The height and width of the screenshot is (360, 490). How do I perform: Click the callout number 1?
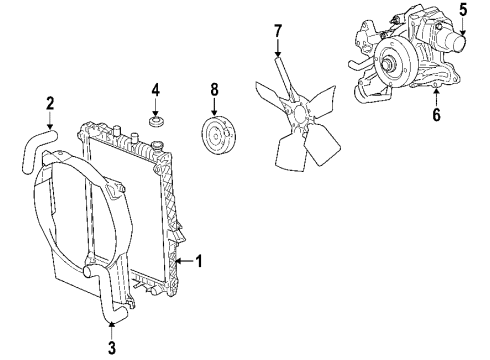pyautogui.click(x=199, y=263)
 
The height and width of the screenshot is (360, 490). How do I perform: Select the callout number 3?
pyautogui.click(x=112, y=347)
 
